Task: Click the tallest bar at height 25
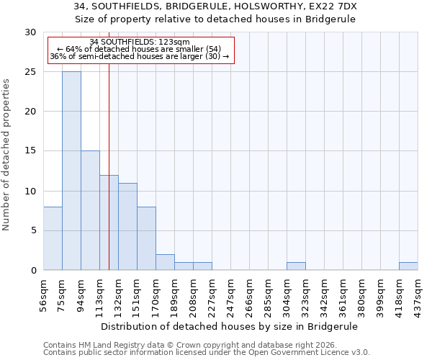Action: coord(71,171)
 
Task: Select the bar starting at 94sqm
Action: coord(90,210)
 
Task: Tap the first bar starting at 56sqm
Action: coord(53,238)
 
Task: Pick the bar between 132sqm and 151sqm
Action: coord(127,226)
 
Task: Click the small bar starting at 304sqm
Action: coord(296,266)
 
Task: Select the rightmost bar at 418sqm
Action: coord(408,266)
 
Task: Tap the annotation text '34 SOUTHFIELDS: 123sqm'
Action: coord(140,42)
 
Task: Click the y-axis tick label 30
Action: coord(30,32)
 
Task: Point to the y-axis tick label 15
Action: coord(30,151)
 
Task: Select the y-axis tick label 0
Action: coord(32,270)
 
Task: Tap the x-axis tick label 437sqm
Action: coord(418,295)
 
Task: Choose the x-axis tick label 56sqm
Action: coord(44,295)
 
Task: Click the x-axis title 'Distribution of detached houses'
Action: coord(230,326)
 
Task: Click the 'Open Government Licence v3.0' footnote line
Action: coord(207,353)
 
